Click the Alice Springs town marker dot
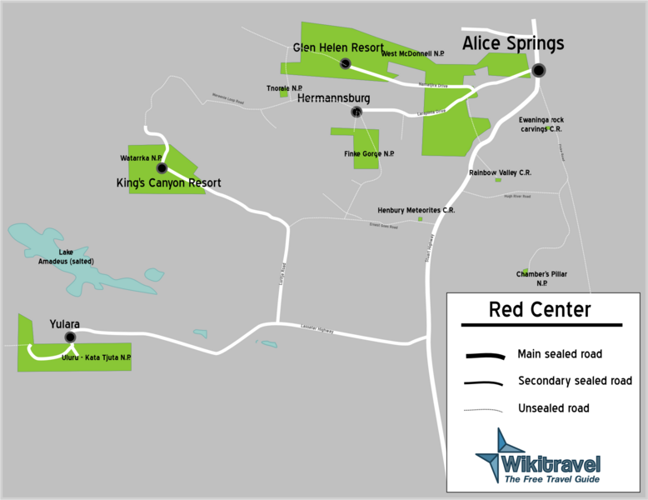[539, 70]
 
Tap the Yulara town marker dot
[70, 337]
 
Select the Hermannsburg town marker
[356, 112]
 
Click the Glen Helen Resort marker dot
[344, 63]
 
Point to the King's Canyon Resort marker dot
[162, 168]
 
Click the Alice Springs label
[513, 43]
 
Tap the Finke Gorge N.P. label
[369, 154]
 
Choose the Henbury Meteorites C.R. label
[416, 210]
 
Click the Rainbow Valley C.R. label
[500, 172]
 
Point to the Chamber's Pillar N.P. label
[541, 278]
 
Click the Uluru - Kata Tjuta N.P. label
[97, 357]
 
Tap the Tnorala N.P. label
[284, 87]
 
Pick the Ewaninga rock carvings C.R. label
[541, 125]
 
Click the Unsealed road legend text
[553, 408]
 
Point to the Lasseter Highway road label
[317, 330]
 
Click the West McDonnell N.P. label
[413, 54]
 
